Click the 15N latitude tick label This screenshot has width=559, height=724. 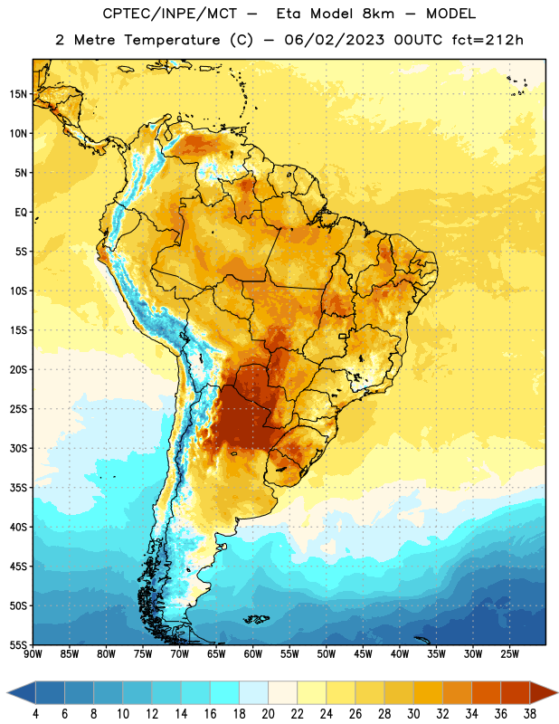tap(17, 94)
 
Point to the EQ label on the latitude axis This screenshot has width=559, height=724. tap(21, 213)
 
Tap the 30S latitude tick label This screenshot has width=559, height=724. tap(18, 449)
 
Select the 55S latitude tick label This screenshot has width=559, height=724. tap(18, 645)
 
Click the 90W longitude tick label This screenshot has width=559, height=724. tap(33, 654)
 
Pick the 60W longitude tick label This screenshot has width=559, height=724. tap(253, 654)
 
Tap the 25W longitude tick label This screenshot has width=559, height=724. tap(509, 654)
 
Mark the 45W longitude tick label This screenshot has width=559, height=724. tap(363, 654)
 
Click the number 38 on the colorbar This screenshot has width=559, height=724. tap(530, 714)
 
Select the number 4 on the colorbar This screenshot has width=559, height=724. tap(35, 714)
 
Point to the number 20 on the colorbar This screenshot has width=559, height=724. tap(268, 714)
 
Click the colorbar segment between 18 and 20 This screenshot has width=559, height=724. tap(254, 693)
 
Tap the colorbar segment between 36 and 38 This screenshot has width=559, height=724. tap(516, 693)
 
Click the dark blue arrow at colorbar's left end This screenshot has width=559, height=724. tap(22, 693)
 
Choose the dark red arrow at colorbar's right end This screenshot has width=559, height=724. tap(544, 693)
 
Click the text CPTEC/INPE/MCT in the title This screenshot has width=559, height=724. tap(169, 14)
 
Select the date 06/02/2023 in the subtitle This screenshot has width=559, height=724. tap(334, 40)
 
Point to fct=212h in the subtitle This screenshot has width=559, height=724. tap(488, 40)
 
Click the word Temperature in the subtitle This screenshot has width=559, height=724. tap(172, 40)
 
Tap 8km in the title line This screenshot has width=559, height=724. tap(378, 14)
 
